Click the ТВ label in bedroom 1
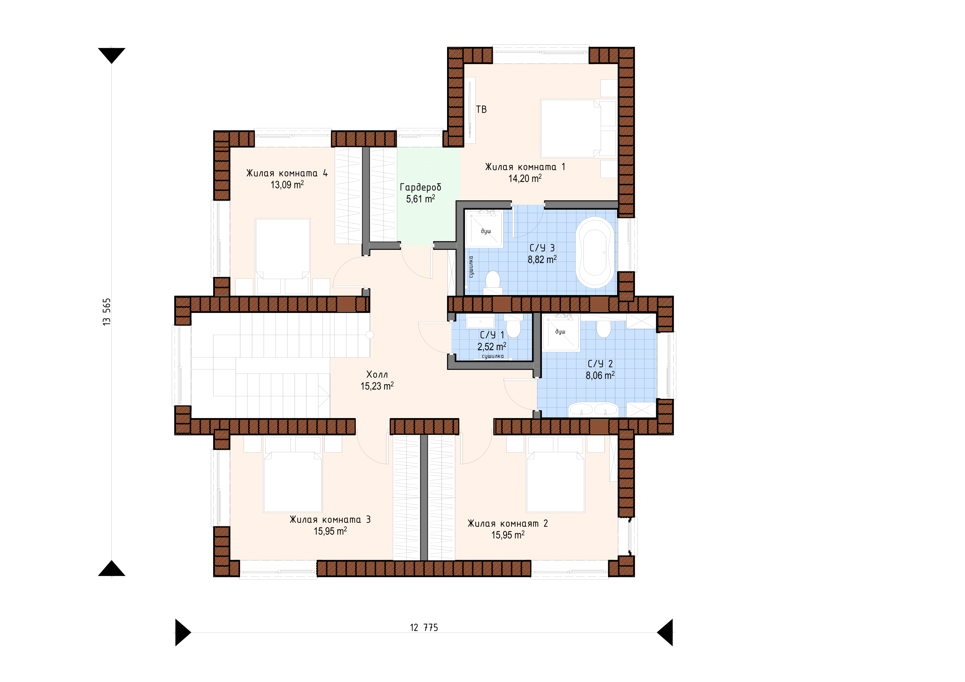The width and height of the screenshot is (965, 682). click(481, 109)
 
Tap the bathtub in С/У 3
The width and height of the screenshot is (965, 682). click(595, 252)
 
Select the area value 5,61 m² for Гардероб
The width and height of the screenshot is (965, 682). click(420, 199)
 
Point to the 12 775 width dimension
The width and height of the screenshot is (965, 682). click(424, 628)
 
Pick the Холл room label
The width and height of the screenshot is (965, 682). click(377, 374)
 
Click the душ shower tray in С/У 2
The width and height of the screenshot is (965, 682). click(561, 332)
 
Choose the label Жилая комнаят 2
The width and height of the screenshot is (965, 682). click(508, 524)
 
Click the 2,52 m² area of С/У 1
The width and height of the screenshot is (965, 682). click(492, 347)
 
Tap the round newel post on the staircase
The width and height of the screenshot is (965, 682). click(370, 335)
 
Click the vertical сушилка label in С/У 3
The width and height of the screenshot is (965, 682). click(471, 267)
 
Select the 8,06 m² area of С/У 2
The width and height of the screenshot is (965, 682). click(600, 375)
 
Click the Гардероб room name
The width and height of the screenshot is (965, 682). click(420, 187)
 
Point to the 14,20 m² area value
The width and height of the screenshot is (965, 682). click(525, 178)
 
